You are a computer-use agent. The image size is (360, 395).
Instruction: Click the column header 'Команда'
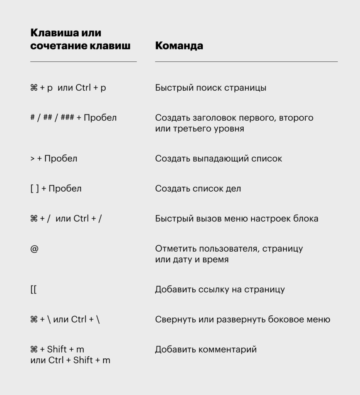(179, 46)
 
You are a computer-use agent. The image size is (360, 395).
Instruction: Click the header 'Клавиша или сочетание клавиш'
(80, 39)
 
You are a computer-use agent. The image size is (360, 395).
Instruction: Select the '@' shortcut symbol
(34, 249)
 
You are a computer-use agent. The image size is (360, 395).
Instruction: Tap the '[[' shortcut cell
(33, 289)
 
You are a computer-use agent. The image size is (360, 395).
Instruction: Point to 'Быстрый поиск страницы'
(210, 88)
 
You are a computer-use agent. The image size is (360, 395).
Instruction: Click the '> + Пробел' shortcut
(54, 159)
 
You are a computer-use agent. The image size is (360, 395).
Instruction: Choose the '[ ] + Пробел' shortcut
(56, 189)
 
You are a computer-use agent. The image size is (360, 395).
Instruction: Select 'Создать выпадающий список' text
(219, 159)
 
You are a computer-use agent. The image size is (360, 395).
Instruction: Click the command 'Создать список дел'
(198, 189)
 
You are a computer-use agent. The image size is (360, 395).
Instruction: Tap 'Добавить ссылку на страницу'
(220, 289)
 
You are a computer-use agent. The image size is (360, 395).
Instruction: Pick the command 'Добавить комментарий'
(206, 349)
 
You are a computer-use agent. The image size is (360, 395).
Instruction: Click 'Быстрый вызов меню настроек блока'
(237, 219)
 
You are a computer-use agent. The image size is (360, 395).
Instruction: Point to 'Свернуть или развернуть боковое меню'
(242, 319)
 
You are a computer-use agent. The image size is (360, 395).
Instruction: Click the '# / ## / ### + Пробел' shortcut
(73, 118)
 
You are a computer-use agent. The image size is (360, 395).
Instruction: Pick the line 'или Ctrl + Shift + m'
(70, 360)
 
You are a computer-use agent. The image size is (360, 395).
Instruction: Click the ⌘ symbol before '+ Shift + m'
(34, 349)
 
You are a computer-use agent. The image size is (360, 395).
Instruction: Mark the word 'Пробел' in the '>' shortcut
(61, 159)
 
